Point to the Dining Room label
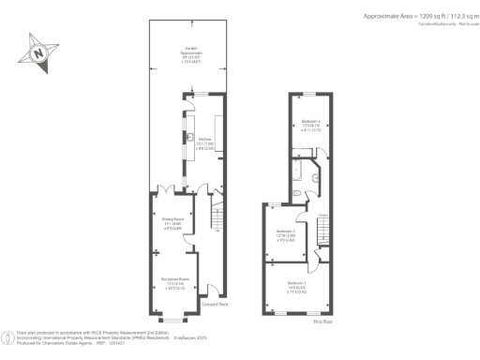[172, 224]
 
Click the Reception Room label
[172, 280]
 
